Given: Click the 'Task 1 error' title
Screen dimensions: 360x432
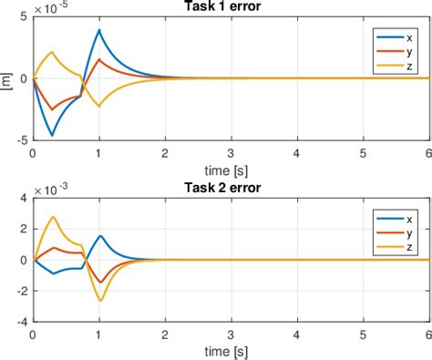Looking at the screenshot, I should click(230, 7).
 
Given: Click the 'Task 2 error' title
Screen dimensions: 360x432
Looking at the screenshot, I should click(230, 190).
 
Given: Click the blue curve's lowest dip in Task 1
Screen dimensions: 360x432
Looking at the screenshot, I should click(52, 136).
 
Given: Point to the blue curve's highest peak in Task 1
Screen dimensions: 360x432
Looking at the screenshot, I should click(98, 29).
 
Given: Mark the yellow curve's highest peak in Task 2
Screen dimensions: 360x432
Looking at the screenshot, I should click(54, 217).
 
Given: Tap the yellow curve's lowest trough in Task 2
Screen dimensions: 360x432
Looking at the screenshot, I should click(99, 301).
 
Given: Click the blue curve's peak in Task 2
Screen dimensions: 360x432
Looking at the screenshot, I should click(100, 236).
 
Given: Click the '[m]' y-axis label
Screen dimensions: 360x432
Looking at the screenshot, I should click(7, 78).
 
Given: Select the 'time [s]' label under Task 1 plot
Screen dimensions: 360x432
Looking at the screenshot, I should click(231, 170).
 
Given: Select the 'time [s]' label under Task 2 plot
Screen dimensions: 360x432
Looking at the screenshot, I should click(231, 352).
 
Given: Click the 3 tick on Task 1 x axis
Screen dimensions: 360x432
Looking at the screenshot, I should click(231, 153).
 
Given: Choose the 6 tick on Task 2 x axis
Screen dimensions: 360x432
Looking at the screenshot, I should click(428, 335).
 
